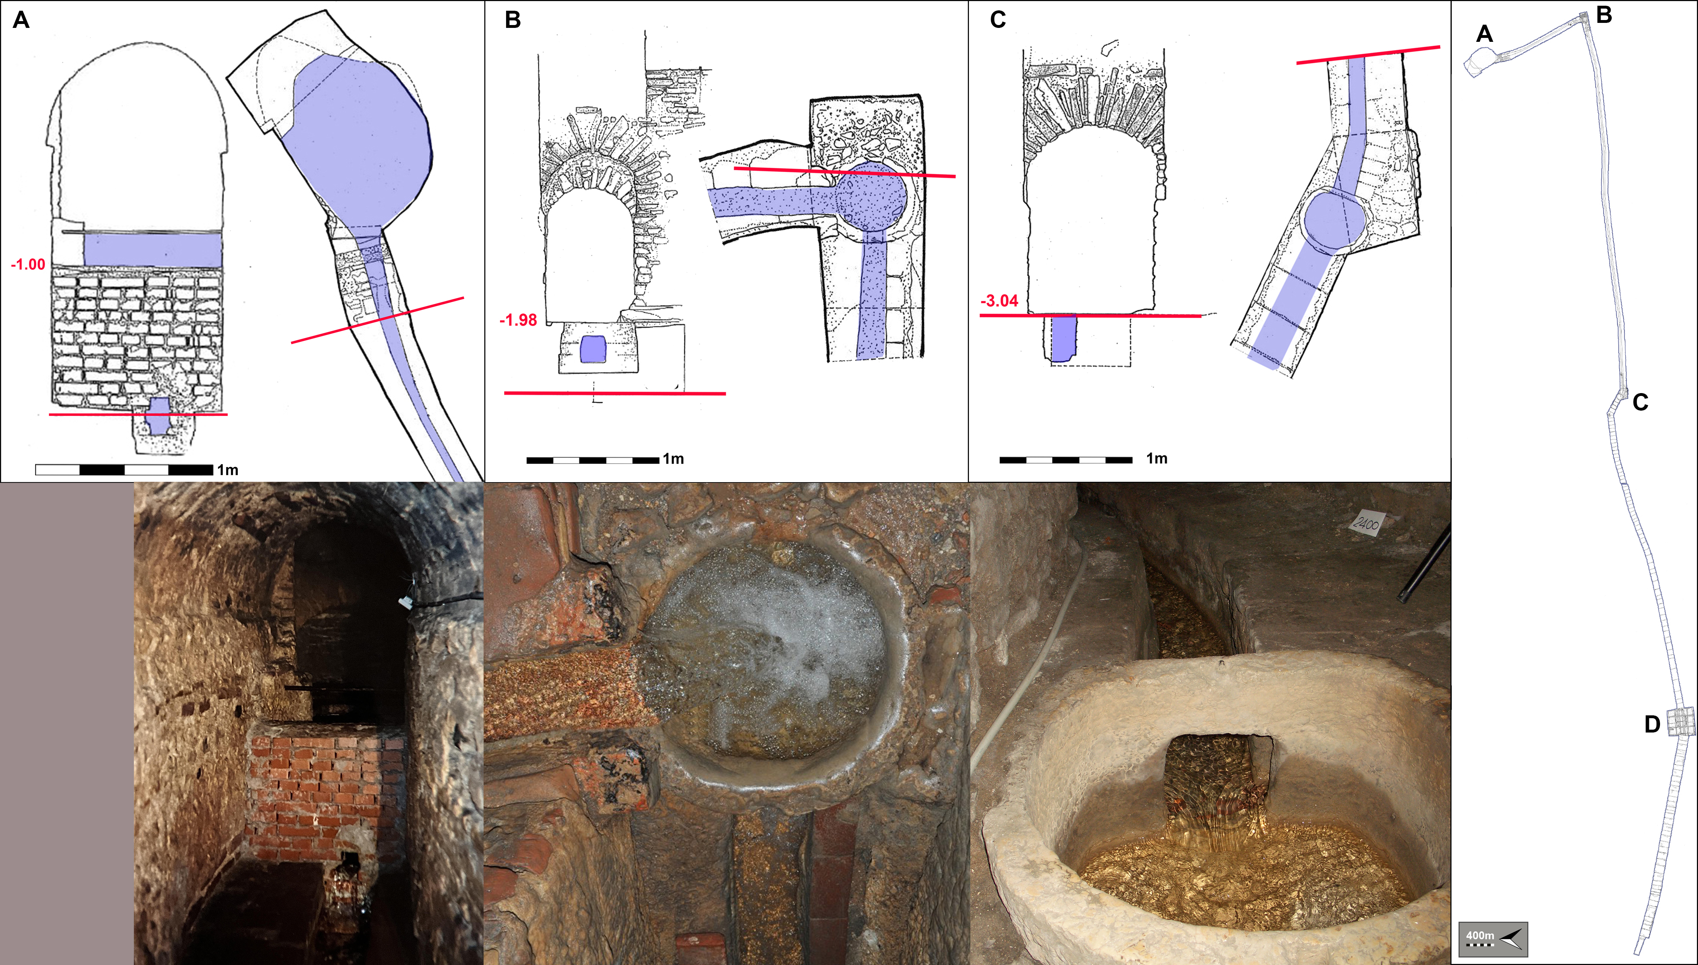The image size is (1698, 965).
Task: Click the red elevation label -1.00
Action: point(28,264)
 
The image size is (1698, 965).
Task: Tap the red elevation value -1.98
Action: point(518,320)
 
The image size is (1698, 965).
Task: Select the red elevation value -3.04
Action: point(999,301)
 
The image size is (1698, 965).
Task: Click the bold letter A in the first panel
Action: point(21,20)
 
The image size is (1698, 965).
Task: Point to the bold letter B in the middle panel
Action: point(513,20)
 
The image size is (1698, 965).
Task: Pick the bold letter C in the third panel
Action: point(998,20)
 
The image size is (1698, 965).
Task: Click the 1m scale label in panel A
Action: point(227,470)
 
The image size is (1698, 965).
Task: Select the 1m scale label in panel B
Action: point(673,459)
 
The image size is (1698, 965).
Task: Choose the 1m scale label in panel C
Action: point(1156,459)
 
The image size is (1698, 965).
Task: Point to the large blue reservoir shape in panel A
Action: point(358,139)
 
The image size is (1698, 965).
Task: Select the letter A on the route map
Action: point(1485,34)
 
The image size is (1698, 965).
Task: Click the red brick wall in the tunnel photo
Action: point(324,792)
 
